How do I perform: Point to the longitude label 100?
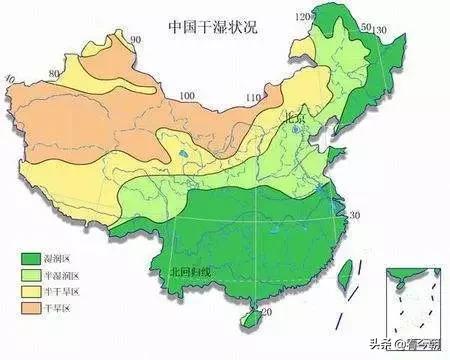(186, 97)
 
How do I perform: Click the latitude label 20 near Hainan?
(266, 313)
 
